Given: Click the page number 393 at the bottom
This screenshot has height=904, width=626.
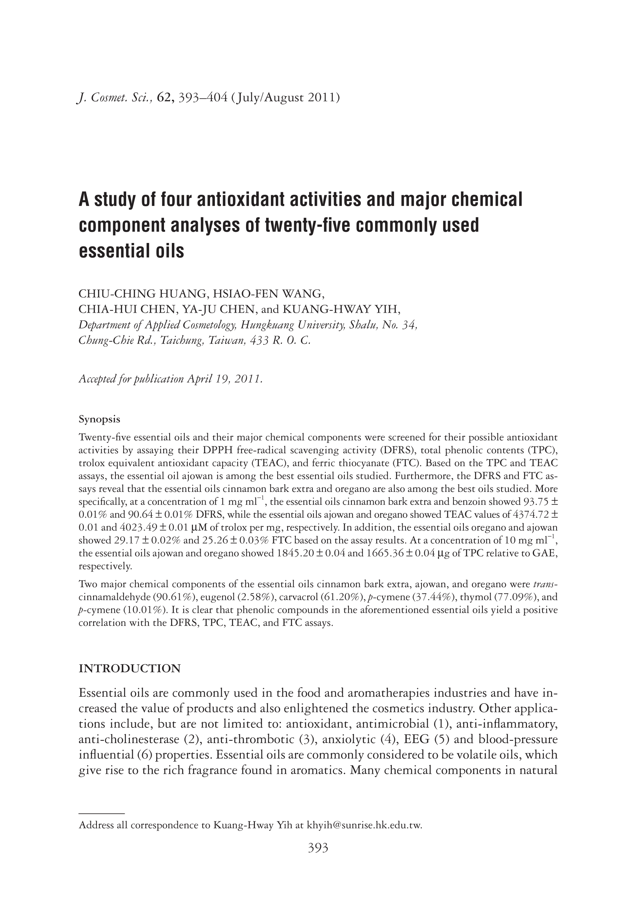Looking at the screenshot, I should (318, 848).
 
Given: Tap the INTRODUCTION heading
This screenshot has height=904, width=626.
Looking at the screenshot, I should (130, 668).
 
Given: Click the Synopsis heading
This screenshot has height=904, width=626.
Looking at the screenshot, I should (99, 420).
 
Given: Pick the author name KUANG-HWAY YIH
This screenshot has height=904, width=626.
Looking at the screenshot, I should (340, 309).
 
